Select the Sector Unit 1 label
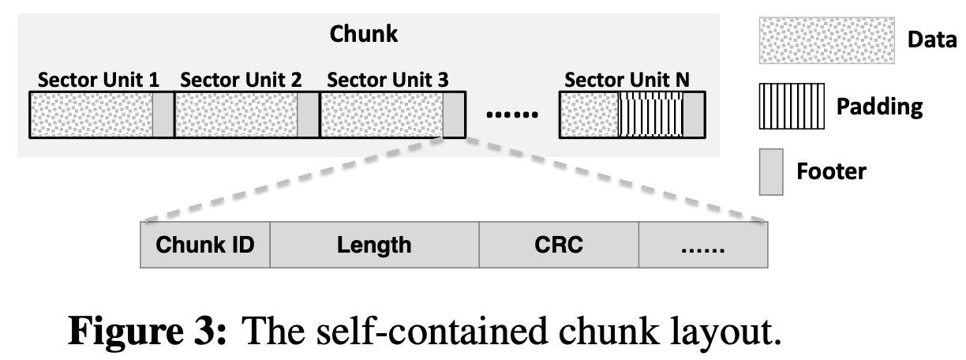tap(98, 80)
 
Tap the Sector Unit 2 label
tap(241, 80)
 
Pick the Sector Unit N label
tap(627, 80)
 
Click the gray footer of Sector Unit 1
tap(162, 114)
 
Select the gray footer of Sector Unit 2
tap(308, 114)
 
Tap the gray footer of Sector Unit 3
tap(454, 114)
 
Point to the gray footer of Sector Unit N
tap(693, 114)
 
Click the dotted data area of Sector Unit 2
tap(236, 114)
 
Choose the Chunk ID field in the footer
tap(205, 245)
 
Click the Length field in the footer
tap(374, 245)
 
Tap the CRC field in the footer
tap(558, 245)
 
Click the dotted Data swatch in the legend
tap(824, 40)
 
